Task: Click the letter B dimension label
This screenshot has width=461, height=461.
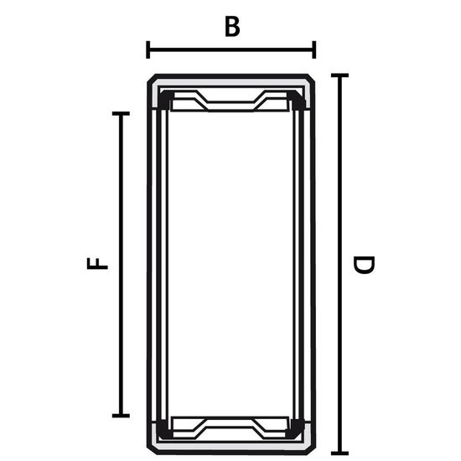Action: tap(232, 27)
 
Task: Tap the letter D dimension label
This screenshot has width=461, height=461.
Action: tap(364, 265)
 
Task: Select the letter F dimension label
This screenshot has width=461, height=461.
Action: tap(97, 263)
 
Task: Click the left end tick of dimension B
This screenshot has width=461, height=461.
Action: tap(148, 49)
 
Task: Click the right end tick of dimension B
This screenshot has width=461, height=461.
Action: tap(314, 49)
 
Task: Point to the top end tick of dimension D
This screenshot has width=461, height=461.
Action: tap(339, 75)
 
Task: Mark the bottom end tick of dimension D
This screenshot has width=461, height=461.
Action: tap(339, 453)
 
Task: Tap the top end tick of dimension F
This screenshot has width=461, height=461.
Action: tap(121, 113)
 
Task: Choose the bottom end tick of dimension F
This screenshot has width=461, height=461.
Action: tap(121, 416)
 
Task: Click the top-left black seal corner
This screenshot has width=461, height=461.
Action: tap(165, 100)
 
